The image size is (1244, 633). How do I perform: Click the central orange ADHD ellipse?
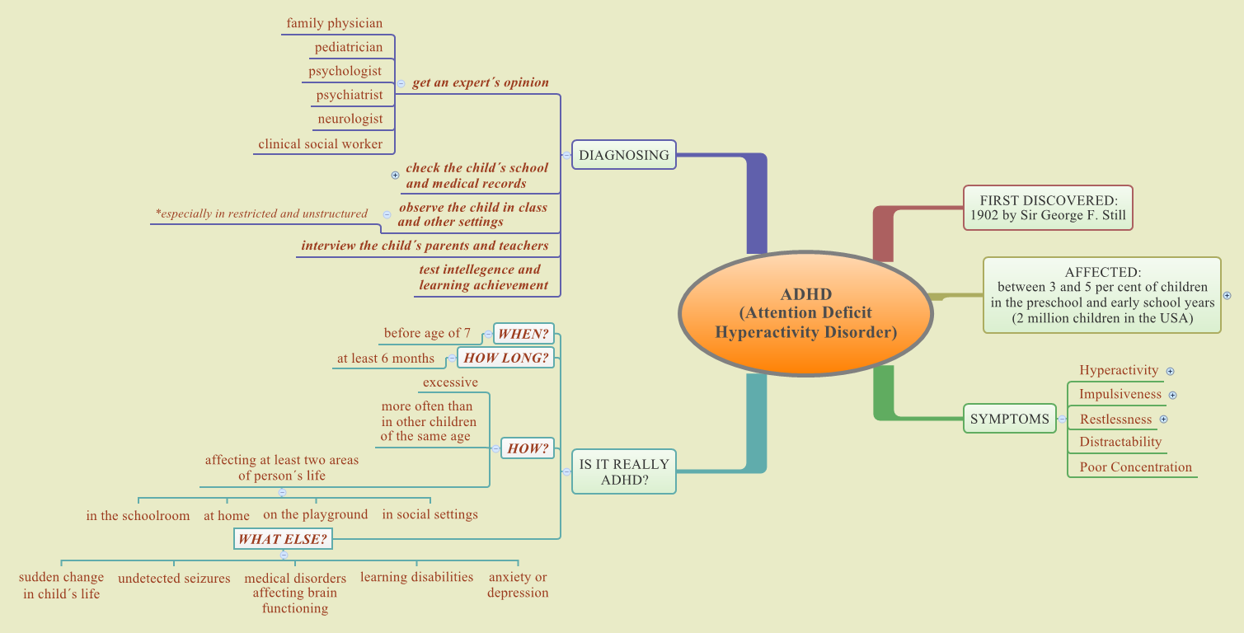pos(805,314)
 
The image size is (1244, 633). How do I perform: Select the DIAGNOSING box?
pos(624,155)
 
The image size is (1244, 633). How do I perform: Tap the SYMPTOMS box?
pos(1009,419)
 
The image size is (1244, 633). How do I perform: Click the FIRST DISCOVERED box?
pos(1048,208)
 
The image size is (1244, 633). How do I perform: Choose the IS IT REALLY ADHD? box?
pos(624,471)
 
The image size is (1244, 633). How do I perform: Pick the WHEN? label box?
pos(523,334)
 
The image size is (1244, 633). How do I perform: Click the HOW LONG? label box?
pos(506,358)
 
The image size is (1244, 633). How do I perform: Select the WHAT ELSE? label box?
pos(283,540)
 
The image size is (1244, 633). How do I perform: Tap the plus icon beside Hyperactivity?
pos(1170,372)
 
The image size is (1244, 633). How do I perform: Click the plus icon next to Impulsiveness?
pos(1173,396)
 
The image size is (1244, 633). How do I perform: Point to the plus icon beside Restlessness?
pos(1164,420)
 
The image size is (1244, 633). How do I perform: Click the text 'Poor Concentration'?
pos(1135,467)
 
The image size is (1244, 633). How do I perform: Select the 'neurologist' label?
pos(350,119)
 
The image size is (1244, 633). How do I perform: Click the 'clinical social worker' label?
pos(320,144)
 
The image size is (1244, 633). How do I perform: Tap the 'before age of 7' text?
pos(427,334)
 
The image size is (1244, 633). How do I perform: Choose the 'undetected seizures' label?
pos(174,579)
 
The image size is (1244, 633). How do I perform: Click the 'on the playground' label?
pos(315,514)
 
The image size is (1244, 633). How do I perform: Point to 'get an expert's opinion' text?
pos(480,82)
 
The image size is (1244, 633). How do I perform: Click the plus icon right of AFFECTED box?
pos(1227,295)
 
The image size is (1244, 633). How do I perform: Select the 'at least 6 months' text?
pos(385,359)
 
